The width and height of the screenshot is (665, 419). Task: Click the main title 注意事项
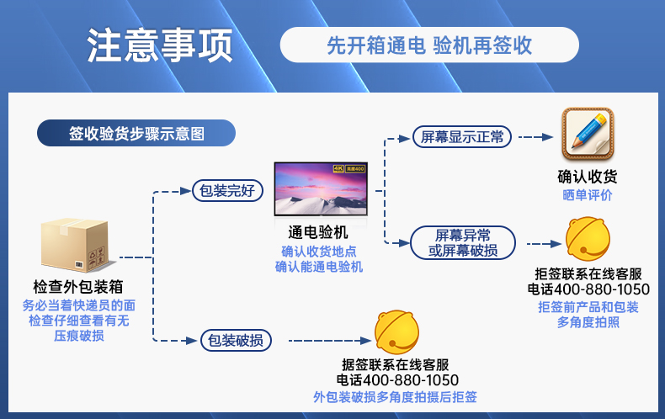coord(160,45)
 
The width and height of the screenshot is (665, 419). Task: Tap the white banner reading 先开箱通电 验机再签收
coord(429,45)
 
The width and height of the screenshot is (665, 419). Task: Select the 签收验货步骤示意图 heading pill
coord(136,133)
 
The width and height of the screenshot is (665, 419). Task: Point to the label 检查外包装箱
coord(78,287)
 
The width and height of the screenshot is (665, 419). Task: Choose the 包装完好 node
coord(228,190)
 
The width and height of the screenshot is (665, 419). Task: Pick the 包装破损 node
coord(236,340)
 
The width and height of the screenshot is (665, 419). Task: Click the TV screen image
coord(321,188)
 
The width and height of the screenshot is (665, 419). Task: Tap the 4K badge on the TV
coord(338,169)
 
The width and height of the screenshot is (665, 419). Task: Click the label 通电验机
coord(318,232)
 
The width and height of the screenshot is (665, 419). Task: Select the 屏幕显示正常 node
coord(462,137)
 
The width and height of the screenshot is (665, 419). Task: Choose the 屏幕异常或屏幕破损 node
coord(463,243)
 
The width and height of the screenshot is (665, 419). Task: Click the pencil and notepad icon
coord(588,135)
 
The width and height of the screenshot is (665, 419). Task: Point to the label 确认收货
coord(588,177)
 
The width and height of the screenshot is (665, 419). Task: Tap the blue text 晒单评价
coord(588,195)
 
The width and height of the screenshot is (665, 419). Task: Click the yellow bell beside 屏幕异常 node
coord(588,239)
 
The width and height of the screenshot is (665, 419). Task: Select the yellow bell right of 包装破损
coord(397,332)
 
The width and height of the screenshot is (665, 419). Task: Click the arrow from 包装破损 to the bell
coord(330,341)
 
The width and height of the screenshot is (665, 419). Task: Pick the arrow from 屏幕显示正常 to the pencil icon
coord(536,137)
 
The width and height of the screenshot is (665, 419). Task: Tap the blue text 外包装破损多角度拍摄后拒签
coord(395,397)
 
